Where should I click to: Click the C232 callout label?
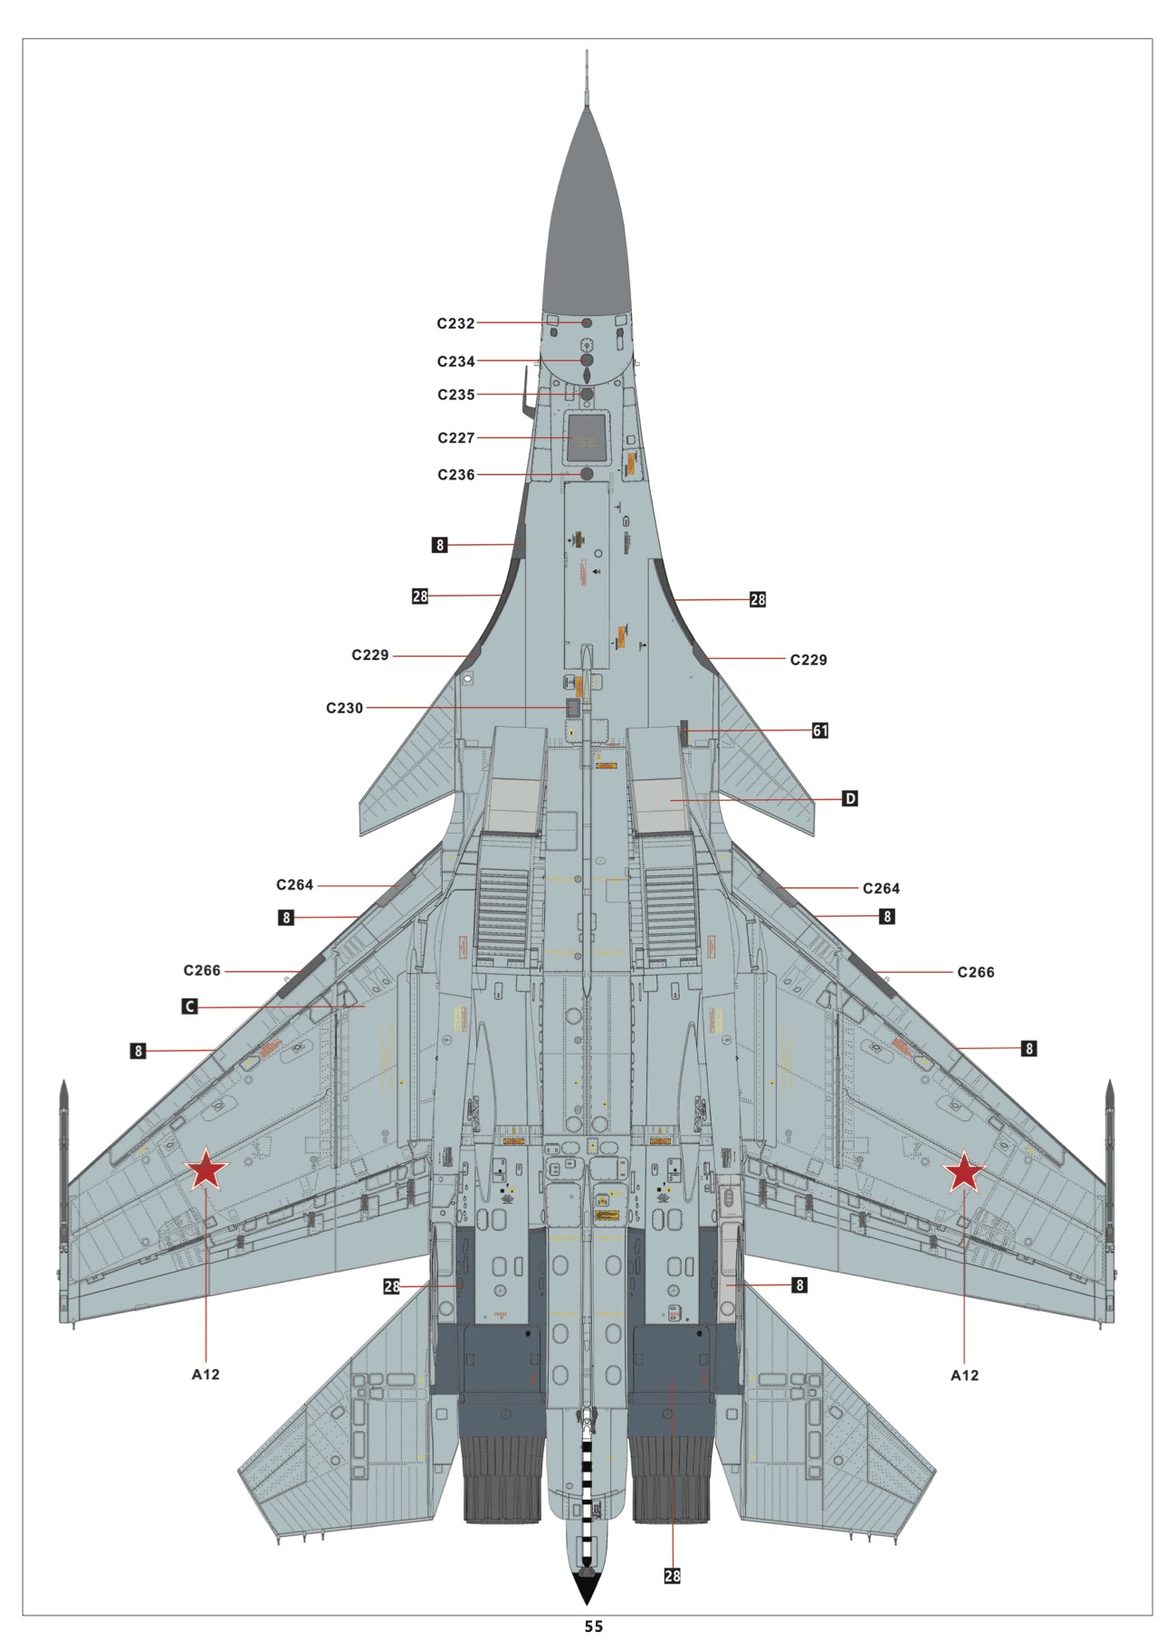[455, 324]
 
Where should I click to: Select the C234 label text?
[455, 362]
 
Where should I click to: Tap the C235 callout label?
[455, 396]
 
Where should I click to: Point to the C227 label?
[455, 438]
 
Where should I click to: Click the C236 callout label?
[455, 475]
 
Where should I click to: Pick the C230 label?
[344, 709]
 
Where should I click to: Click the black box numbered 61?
[819, 730]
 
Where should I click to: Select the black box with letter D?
[849, 799]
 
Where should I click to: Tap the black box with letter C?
[189, 1006]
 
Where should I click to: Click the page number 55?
[593, 1626]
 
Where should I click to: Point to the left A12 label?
[206, 1374]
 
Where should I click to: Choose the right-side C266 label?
[975, 973]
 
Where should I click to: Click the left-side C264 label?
[294, 885]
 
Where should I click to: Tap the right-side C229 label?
[808, 661]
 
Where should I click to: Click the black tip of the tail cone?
[588, 1587]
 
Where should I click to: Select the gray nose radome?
[587, 226]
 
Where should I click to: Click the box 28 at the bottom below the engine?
[672, 1576]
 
